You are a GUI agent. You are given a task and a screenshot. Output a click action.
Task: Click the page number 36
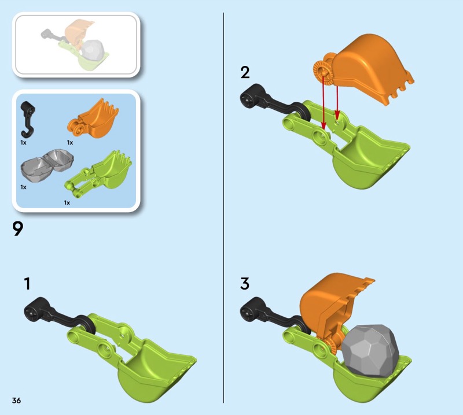pyautogui.click(x=17, y=400)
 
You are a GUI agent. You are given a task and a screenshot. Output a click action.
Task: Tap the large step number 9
pyautogui.click(x=18, y=229)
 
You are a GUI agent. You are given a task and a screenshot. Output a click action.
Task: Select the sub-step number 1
pyautogui.click(x=27, y=283)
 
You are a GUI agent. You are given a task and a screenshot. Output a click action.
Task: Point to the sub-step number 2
pyautogui.click(x=245, y=72)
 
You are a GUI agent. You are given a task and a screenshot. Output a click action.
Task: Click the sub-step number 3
pyautogui.click(x=245, y=283)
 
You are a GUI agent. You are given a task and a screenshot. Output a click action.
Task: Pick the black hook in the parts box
pyautogui.click(x=27, y=120)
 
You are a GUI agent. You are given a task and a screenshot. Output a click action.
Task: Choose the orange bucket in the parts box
pyautogui.click(x=93, y=118)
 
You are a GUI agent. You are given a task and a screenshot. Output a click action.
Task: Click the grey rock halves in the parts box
pyautogui.click(x=47, y=166)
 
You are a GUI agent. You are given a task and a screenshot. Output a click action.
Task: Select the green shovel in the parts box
pyautogui.click(x=98, y=173)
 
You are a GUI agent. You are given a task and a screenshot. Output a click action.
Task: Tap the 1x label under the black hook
pyautogui.click(x=23, y=143)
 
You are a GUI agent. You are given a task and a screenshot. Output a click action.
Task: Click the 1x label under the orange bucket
pyautogui.click(x=70, y=143)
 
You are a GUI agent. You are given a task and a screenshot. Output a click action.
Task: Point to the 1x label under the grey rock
pyautogui.click(x=23, y=187)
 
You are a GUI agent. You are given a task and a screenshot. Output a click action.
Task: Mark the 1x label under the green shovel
pyautogui.click(x=67, y=203)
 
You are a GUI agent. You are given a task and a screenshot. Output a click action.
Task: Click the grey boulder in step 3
pyautogui.click(x=370, y=351)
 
